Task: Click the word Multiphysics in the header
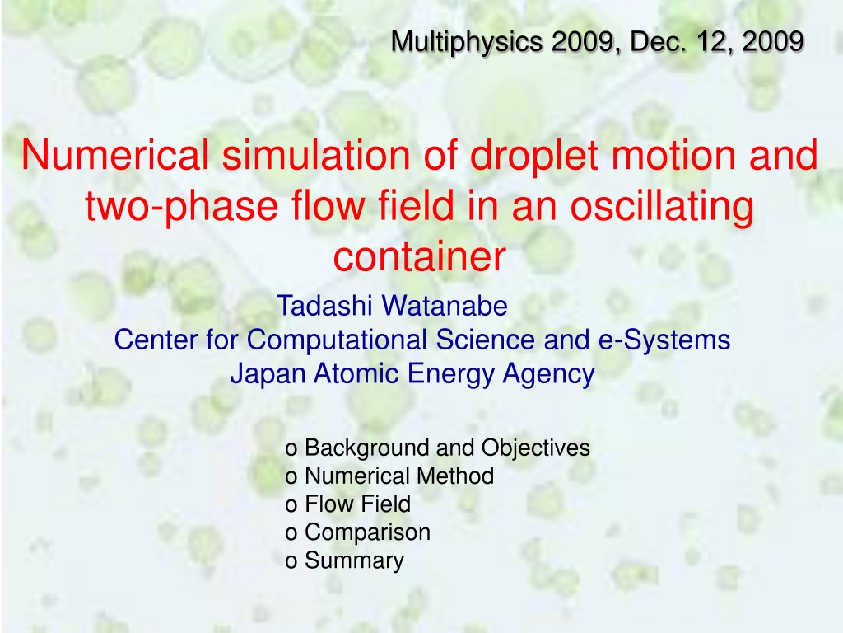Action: point(467,43)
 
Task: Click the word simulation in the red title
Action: point(316,155)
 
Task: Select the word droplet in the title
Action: point(533,156)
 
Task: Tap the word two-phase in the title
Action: point(182,207)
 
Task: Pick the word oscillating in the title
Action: point(662,207)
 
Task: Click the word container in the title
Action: point(420,256)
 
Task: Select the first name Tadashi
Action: point(324,305)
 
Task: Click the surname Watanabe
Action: point(445,305)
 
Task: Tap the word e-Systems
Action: point(664,340)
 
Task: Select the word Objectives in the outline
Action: point(535,448)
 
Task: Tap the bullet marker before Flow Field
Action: point(291,506)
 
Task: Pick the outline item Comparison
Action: point(368,532)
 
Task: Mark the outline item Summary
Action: point(354,560)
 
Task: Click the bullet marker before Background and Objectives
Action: point(291,449)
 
